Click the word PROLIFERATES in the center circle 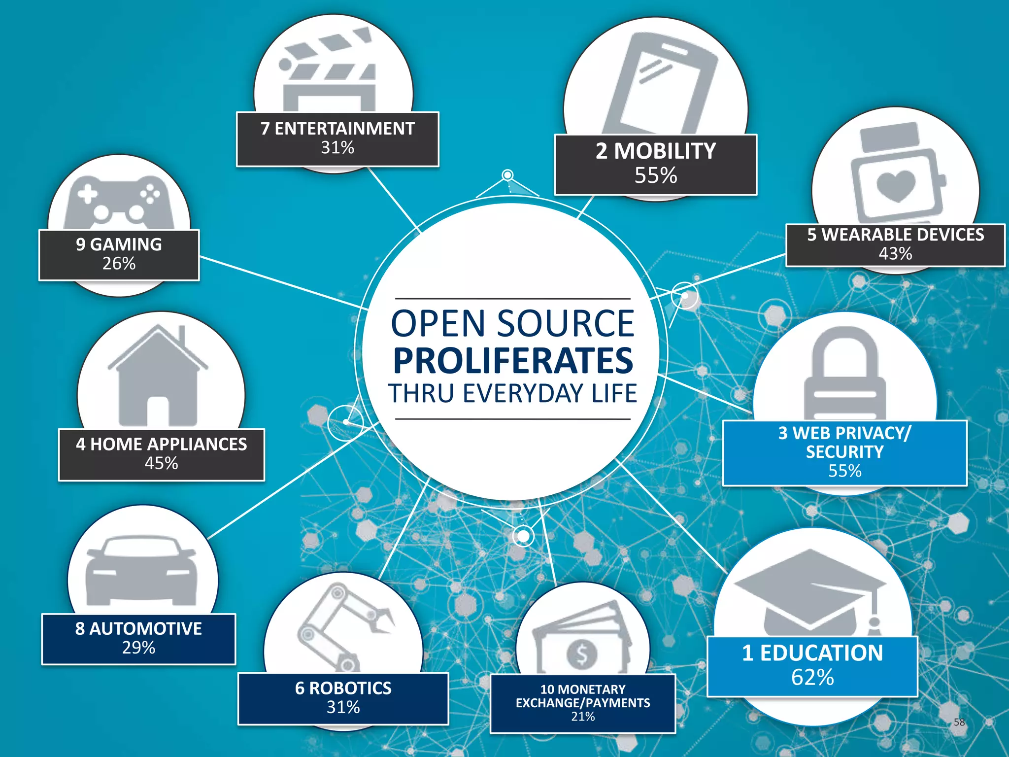click(x=513, y=361)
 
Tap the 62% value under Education click(x=812, y=677)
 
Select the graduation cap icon click(x=810, y=591)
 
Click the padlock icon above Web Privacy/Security click(x=844, y=375)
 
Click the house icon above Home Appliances click(x=158, y=377)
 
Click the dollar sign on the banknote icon click(x=582, y=654)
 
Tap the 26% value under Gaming click(x=119, y=264)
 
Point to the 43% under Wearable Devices click(x=895, y=254)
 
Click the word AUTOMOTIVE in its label click(x=145, y=629)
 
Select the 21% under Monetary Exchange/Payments click(x=583, y=717)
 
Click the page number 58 click(x=959, y=723)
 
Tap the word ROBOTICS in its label click(x=350, y=688)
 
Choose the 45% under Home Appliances click(x=161, y=463)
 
